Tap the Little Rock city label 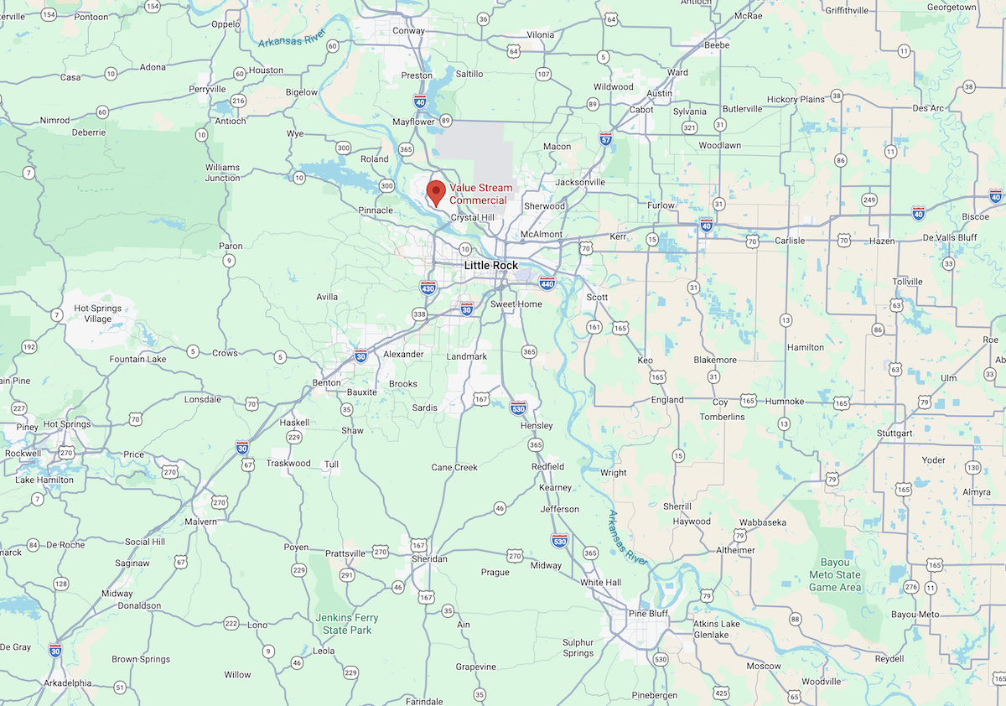pyautogui.click(x=491, y=265)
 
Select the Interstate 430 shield pyautogui.click(x=428, y=287)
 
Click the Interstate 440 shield pyautogui.click(x=547, y=283)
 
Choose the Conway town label pyautogui.click(x=408, y=32)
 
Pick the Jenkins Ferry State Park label pyautogui.click(x=347, y=624)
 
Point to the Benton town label pyautogui.click(x=326, y=382)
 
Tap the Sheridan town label pyautogui.click(x=429, y=558)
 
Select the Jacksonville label pyautogui.click(x=580, y=182)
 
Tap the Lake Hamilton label pyautogui.click(x=44, y=480)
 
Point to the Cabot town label pyautogui.click(x=641, y=110)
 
